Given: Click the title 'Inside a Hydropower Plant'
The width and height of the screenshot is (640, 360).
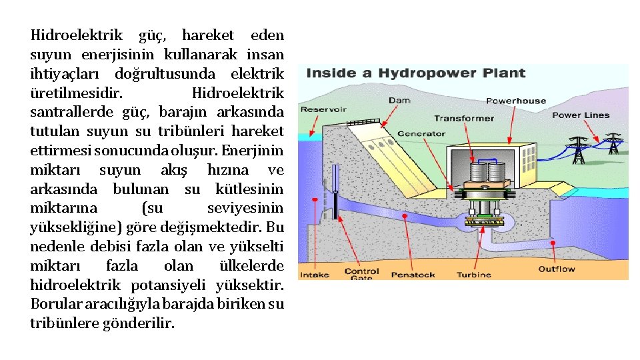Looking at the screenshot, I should coord(416,73).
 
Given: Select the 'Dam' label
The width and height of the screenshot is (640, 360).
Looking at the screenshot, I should coord(399,101).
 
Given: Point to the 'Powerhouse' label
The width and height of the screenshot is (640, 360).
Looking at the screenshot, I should coord(516,101).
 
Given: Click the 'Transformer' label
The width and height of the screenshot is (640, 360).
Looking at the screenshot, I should coord(464,118).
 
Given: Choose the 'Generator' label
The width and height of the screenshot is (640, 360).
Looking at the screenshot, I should coord(421,133).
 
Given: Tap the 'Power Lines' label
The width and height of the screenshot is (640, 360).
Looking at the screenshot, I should coord(581,115).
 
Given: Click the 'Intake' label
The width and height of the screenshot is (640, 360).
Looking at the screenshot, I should coord(315,275).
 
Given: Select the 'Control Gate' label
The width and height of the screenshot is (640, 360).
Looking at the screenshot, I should coord(361,274).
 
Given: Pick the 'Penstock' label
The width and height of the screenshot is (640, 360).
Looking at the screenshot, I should coord(413,275).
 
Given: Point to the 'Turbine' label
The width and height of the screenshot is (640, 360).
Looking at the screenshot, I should coord(474,275).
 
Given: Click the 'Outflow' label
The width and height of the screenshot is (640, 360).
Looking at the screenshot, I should coord(557,269).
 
